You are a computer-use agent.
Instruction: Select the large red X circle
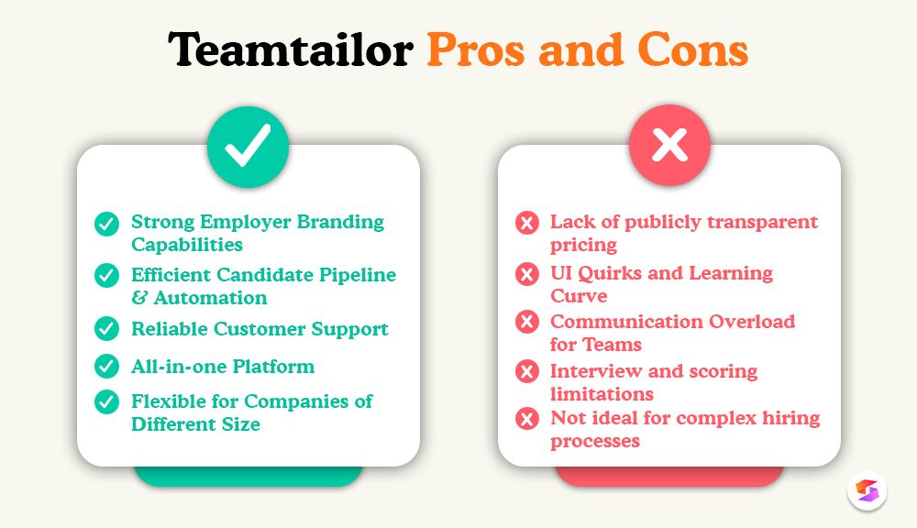tap(669, 147)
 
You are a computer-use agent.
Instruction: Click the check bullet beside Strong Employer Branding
tap(107, 224)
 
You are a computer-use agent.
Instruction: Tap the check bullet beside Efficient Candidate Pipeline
tap(107, 276)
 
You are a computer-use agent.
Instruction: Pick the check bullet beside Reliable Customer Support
tap(107, 329)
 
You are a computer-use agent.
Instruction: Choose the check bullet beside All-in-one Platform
tap(107, 367)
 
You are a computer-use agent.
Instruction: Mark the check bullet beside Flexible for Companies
tap(107, 402)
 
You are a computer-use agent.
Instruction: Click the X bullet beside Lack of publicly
tap(527, 224)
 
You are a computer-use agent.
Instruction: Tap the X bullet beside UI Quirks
tap(527, 274)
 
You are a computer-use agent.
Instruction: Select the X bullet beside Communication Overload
tap(527, 323)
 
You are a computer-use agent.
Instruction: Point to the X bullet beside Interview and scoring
tap(527, 372)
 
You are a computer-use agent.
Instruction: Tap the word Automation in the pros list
tap(210, 298)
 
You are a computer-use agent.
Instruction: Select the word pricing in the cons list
tap(583, 245)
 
